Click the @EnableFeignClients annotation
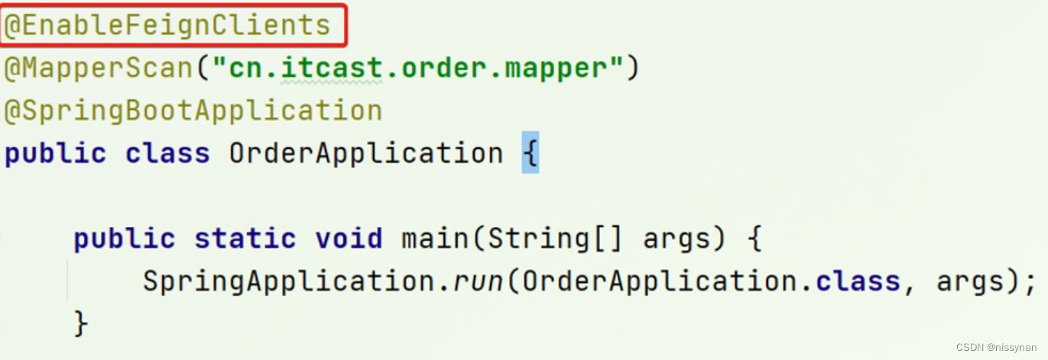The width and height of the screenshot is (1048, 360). (x=167, y=25)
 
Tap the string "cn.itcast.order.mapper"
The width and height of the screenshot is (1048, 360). (x=419, y=69)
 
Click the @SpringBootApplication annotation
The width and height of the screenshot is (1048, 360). (x=193, y=111)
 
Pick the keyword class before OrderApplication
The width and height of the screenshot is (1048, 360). (x=167, y=154)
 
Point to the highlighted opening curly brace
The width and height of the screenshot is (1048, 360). (x=530, y=154)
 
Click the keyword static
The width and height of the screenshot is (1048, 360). (x=245, y=238)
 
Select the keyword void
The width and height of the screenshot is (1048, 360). (x=349, y=238)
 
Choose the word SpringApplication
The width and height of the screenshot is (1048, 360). (x=289, y=281)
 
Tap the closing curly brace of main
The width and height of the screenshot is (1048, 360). (x=81, y=323)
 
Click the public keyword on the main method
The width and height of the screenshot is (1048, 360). (x=124, y=238)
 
